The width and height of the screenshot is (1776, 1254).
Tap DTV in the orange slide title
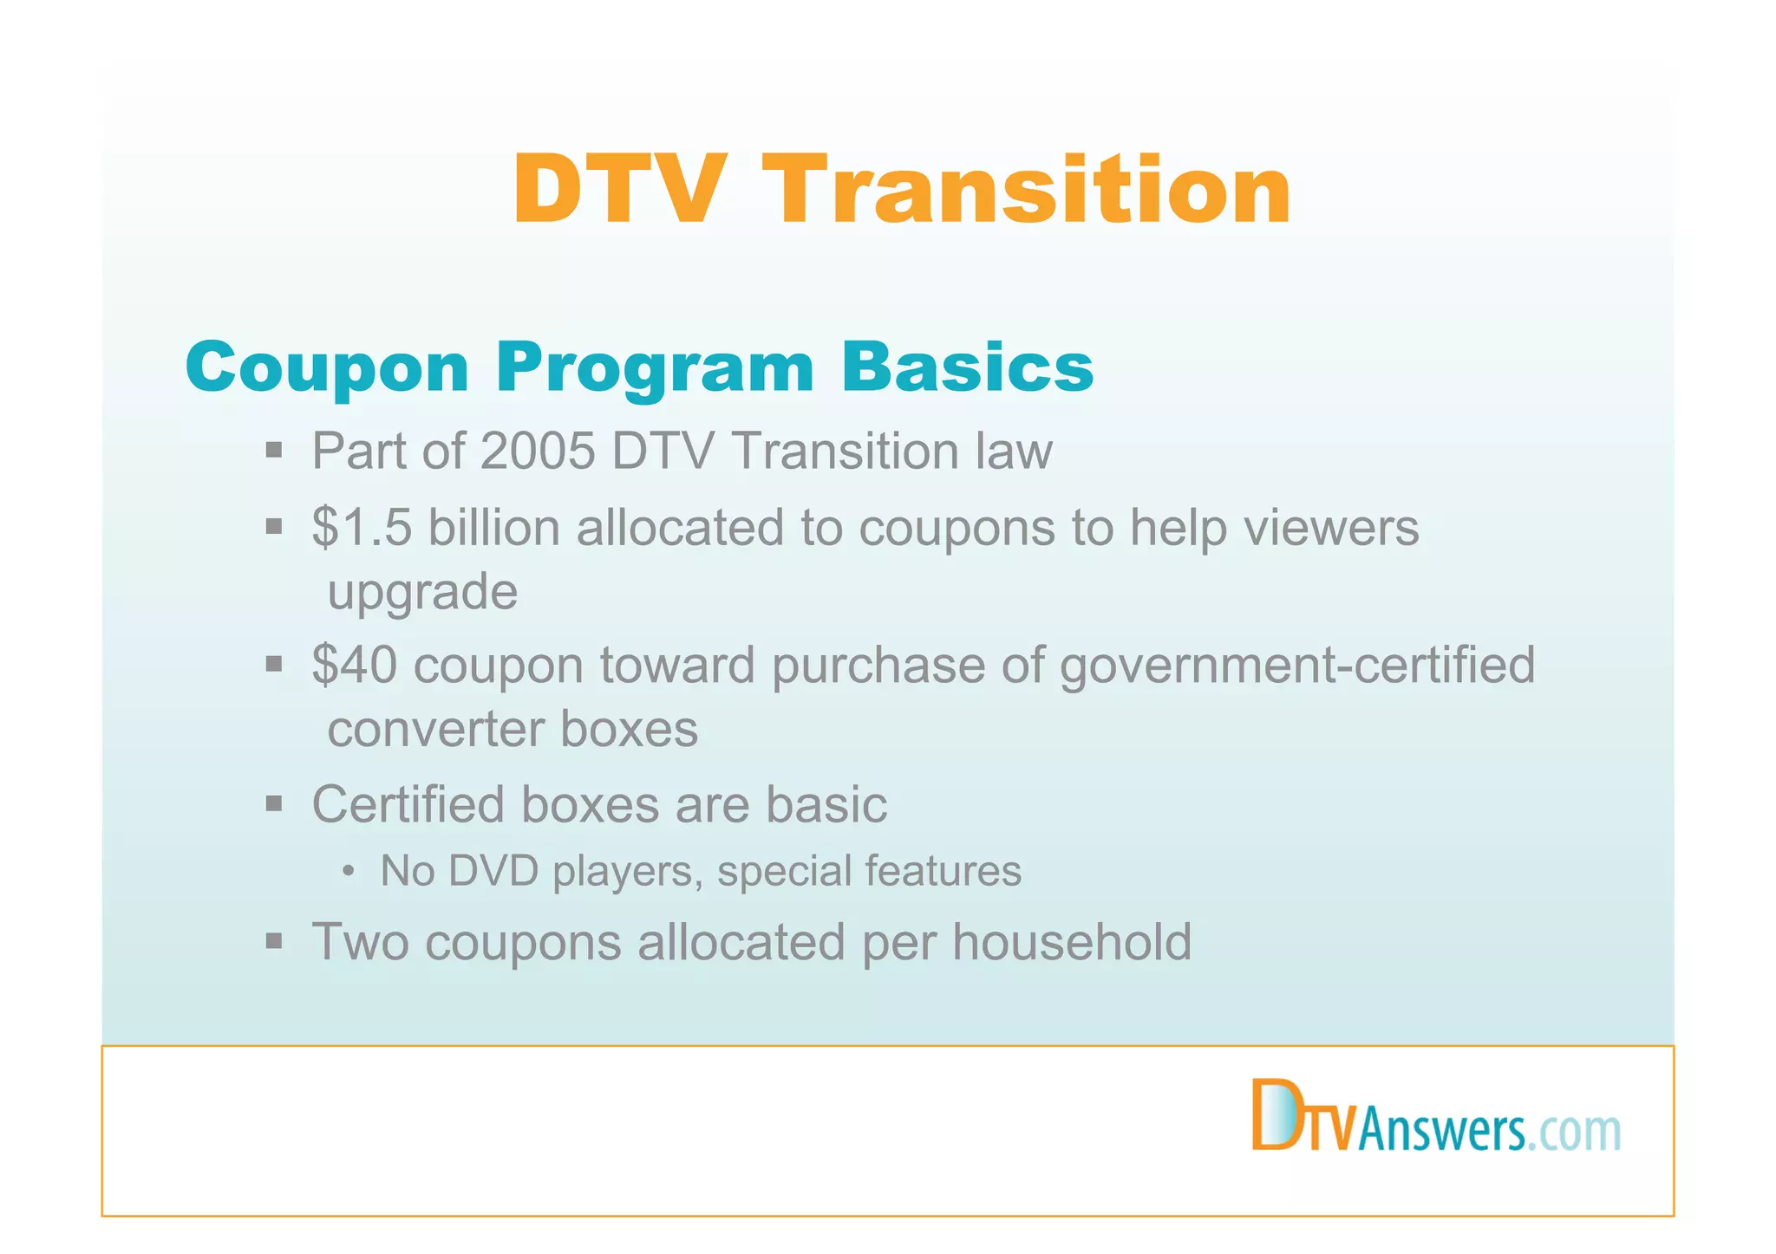617,190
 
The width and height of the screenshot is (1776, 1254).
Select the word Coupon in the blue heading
327,367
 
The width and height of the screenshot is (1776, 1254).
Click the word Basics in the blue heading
967,367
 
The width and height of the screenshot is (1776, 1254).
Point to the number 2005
537,451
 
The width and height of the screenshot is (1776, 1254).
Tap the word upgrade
422,593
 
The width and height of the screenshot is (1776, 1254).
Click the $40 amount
355,665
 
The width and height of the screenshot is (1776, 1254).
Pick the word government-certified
1297,666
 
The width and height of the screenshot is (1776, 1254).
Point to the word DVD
493,870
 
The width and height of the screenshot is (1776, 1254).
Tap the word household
1072,942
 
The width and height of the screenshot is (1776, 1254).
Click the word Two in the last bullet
360,942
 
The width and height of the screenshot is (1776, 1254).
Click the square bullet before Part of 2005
274,450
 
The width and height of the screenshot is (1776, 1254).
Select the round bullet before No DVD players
348,871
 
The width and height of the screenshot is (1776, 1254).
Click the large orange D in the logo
1274,1114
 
